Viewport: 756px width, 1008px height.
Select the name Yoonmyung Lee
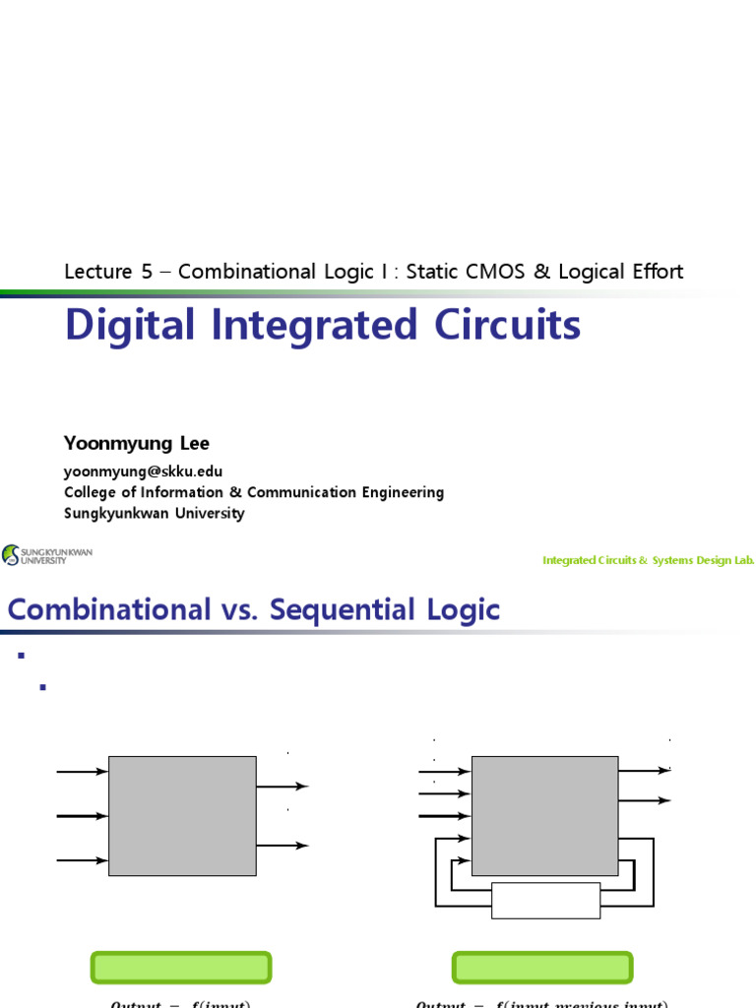(x=137, y=443)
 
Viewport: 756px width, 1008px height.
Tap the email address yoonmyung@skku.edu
(x=144, y=472)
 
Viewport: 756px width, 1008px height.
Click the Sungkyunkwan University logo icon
(x=11, y=555)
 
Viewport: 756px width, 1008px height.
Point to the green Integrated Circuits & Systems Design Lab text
(x=648, y=560)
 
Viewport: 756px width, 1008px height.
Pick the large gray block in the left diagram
(x=182, y=816)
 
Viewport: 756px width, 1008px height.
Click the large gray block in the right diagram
(x=544, y=816)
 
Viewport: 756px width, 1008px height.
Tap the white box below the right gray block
(x=545, y=900)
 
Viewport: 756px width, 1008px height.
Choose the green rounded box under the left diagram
(x=181, y=968)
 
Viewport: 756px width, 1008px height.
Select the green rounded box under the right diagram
(x=541, y=968)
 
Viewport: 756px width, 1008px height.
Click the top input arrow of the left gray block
(x=83, y=772)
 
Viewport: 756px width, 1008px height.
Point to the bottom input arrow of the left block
(x=83, y=860)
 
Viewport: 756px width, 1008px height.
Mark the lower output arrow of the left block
(x=283, y=846)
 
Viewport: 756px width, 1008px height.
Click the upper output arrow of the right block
(x=644, y=770)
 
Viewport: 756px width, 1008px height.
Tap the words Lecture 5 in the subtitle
(x=107, y=272)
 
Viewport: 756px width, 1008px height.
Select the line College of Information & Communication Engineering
(x=254, y=492)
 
